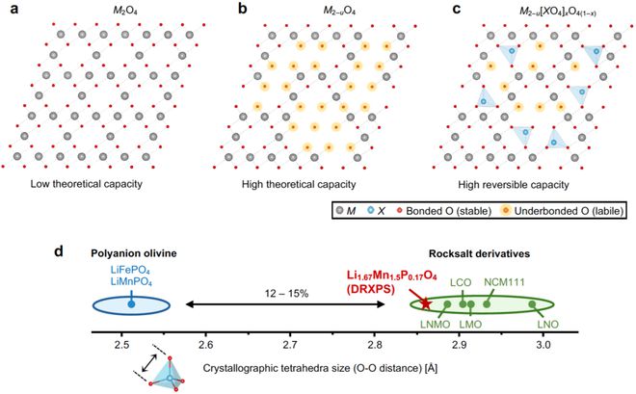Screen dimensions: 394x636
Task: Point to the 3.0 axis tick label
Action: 543,343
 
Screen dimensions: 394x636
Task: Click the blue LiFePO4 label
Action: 130,272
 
